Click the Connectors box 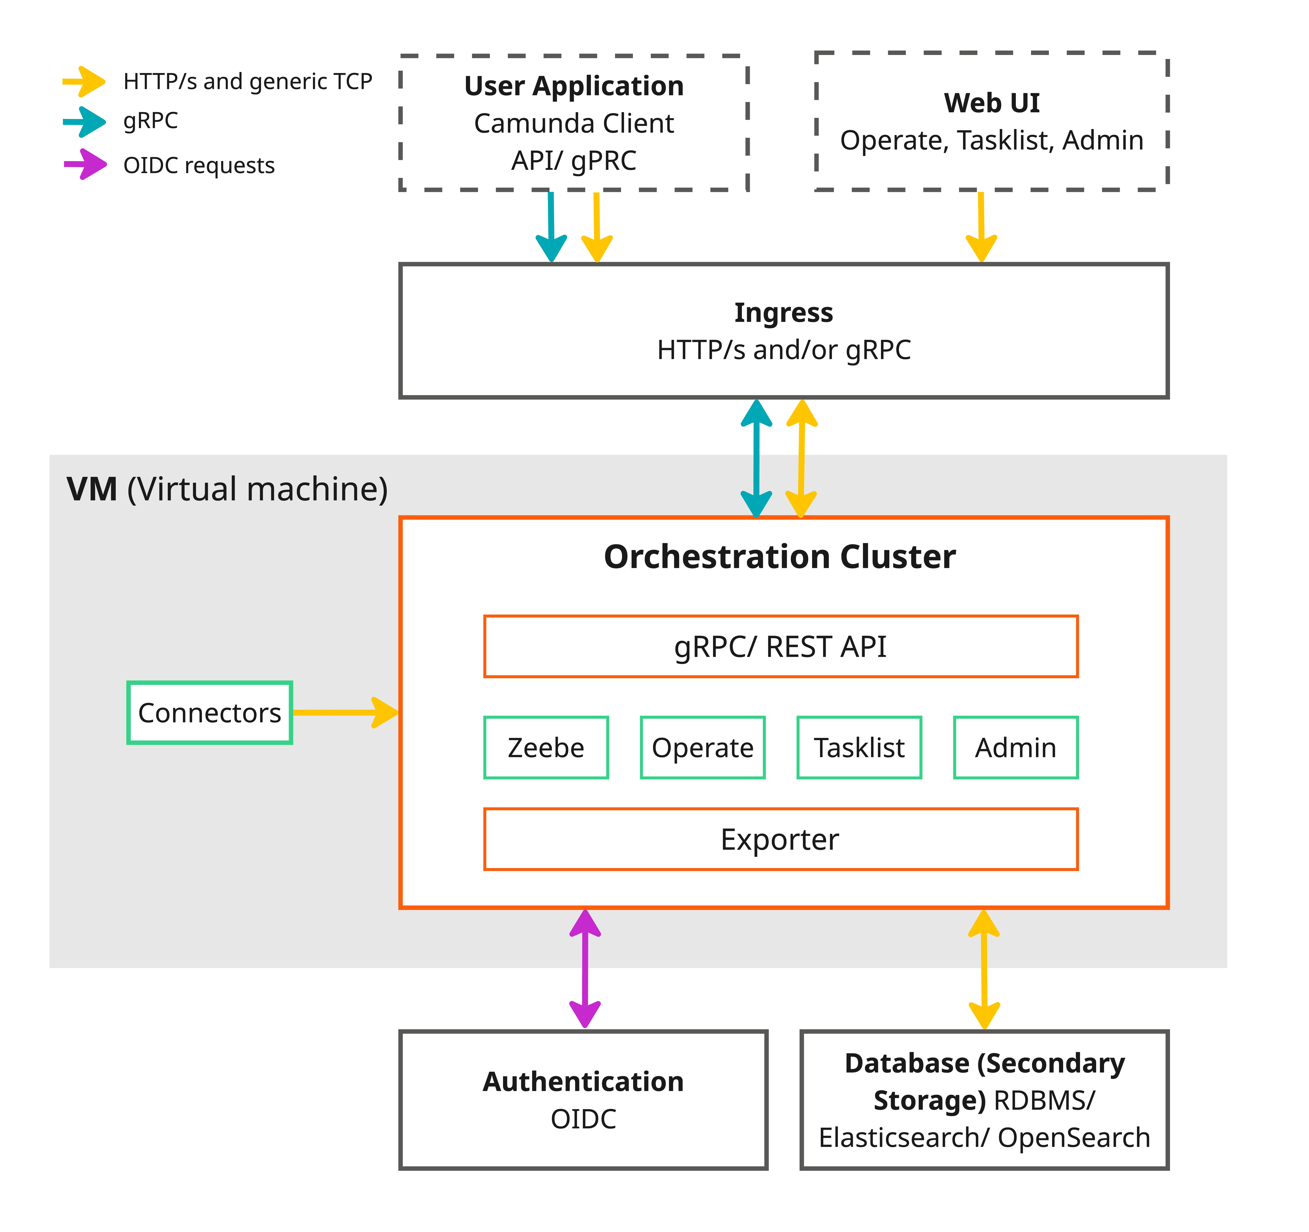(209, 713)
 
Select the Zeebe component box (546, 747)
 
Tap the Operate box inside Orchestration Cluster (702, 747)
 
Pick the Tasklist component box (859, 747)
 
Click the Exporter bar (780, 839)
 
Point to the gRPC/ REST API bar (780, 646)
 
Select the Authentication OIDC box (583, 1100)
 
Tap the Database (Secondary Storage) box (984, 1100)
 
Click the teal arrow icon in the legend (84, 122)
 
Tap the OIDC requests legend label (199, 165)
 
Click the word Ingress (784, 312)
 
